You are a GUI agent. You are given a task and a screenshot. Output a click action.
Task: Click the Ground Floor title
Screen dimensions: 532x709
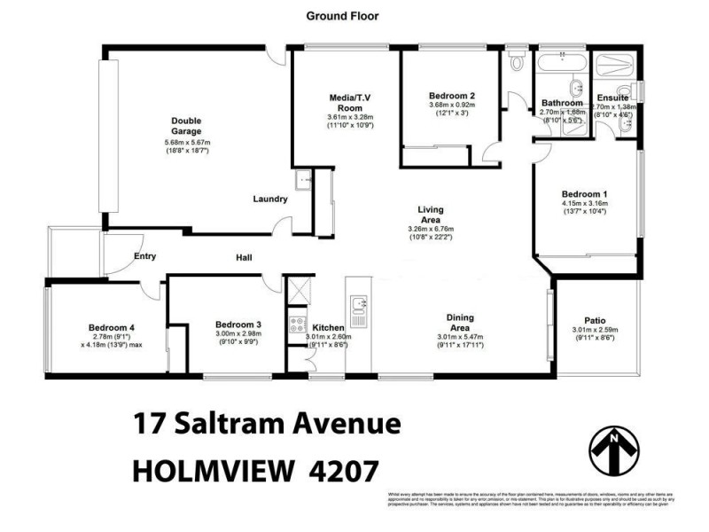point(341,15)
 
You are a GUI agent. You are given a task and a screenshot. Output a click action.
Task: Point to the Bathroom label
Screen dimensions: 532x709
point(562,103)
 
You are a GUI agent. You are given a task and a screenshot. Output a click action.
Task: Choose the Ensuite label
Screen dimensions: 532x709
point(612,98)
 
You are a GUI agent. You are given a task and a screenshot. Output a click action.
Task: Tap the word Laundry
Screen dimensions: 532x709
point(270,199)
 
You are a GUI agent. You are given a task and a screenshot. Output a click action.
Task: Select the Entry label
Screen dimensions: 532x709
point(144,256)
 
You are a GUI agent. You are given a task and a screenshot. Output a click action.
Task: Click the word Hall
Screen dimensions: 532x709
point(244,258)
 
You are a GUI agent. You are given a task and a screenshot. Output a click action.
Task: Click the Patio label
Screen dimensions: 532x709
point(595,321)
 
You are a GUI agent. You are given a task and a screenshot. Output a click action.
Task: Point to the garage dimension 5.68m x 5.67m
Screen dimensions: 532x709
point(187,143)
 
